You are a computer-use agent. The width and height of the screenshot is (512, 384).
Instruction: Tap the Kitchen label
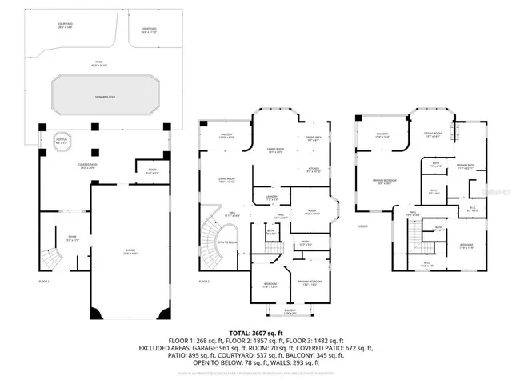point(314,170)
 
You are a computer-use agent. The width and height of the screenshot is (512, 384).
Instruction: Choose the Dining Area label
point(314,138)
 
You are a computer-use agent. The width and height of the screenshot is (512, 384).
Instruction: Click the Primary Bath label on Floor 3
point(466,167)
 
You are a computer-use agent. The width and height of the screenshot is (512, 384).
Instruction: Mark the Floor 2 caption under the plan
point(206,282)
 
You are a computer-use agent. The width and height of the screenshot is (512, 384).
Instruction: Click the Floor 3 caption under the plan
point(362,226)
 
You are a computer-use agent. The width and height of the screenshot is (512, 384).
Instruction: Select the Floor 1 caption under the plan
point(44,282)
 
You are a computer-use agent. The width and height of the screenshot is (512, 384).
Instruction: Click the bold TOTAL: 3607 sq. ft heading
point(256,333)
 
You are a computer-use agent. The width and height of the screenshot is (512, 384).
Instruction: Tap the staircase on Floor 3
point(412,234)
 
